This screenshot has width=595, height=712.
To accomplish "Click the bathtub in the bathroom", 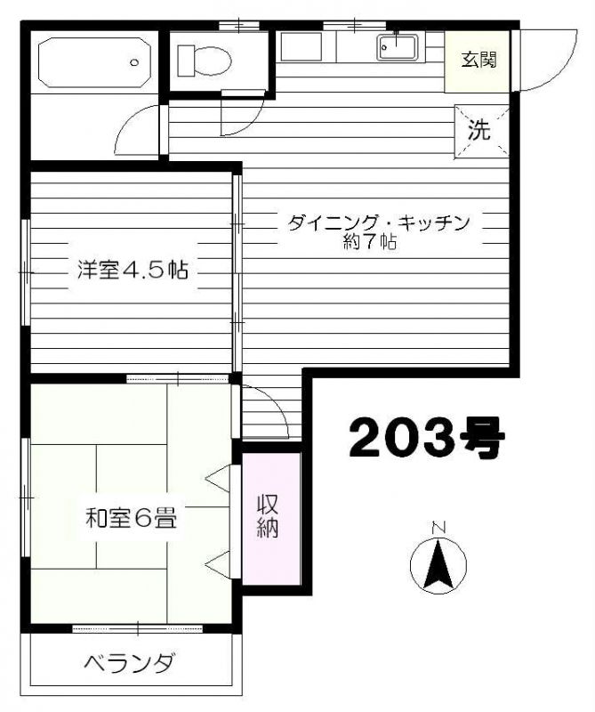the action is (x=94, y=62).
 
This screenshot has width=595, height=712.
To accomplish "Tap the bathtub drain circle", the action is (x=134, y=62).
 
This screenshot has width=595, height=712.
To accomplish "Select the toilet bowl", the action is (x=213, y=61).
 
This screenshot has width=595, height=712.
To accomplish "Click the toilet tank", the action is (x=186, y=61).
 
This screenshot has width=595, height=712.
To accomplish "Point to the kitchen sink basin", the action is (x=397, y=48).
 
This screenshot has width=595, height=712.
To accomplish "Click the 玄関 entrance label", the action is (x=478, y=60).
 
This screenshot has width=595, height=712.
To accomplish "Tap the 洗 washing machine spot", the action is (x=479, y=130).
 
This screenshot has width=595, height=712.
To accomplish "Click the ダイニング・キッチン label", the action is (x=378, y=223).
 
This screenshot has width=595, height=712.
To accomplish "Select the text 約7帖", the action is (x=370, y=242).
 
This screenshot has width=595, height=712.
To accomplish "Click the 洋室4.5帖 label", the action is (x=132, y=270).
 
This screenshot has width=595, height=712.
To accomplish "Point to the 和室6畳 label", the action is (x=131, y=518).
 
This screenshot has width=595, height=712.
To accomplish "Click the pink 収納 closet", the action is (x=271, y=518).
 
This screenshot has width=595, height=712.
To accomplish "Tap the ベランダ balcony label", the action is (x=129, y=663).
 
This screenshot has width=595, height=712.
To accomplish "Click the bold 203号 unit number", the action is (x=427, y=437).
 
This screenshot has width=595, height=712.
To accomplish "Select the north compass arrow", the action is (x=438, y=564).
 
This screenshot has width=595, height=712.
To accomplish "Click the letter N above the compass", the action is (x=438, y=528).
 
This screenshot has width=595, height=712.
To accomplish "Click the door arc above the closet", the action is (x=277, y=402).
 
